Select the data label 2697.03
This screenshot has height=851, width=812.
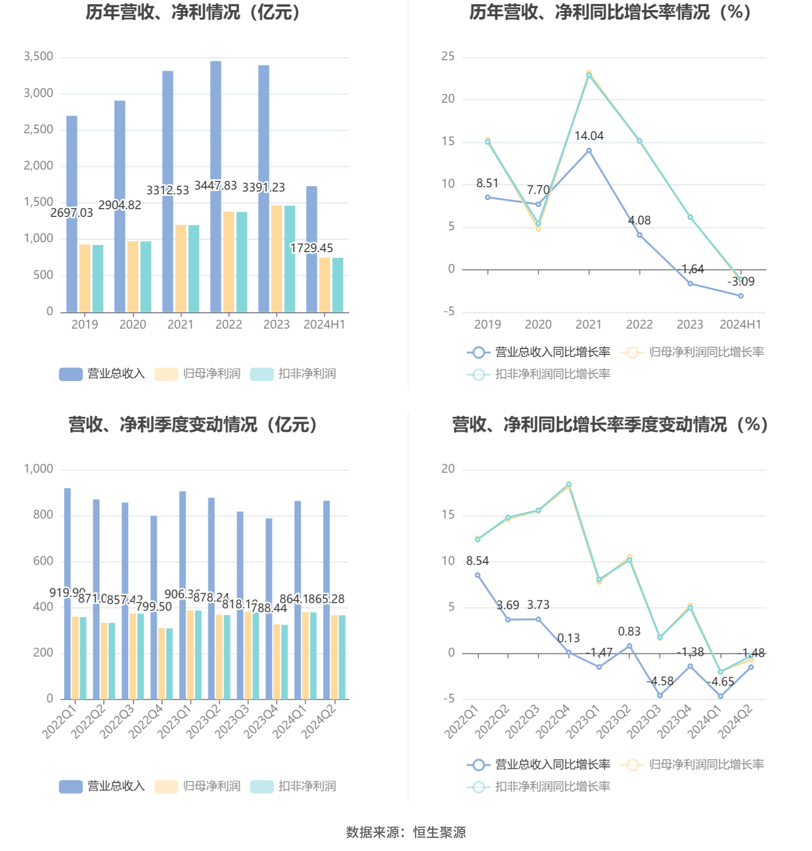click(x=72, y=213)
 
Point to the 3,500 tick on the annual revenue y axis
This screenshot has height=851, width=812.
click(x=39, y=56)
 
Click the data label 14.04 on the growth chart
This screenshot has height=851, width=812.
click(x=589, y=136)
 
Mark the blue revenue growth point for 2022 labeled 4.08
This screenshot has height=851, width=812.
click(x=640, y=235)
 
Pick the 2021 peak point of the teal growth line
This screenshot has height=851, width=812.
click(x=589, y=75)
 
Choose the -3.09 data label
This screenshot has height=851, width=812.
click(x=741, y=282)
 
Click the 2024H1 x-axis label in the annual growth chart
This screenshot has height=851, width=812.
click(x=740, y=325)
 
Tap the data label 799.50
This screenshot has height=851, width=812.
click(x=154, y=606)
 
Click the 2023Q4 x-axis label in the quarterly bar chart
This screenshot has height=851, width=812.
click(x=261, y=722)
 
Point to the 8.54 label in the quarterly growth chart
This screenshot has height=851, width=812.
click(x=477, y=561)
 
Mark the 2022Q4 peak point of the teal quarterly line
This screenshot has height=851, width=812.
click(x=568, y=484)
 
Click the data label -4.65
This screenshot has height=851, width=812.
click(x=720, y=682)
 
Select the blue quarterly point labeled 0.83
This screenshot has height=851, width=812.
click(x=629, y=646)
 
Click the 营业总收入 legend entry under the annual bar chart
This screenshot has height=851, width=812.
click(x=102, y=374)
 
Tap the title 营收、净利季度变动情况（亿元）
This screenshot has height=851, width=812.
click(x=193, y=425)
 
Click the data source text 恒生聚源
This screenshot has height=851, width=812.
click(x=439, y=832)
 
